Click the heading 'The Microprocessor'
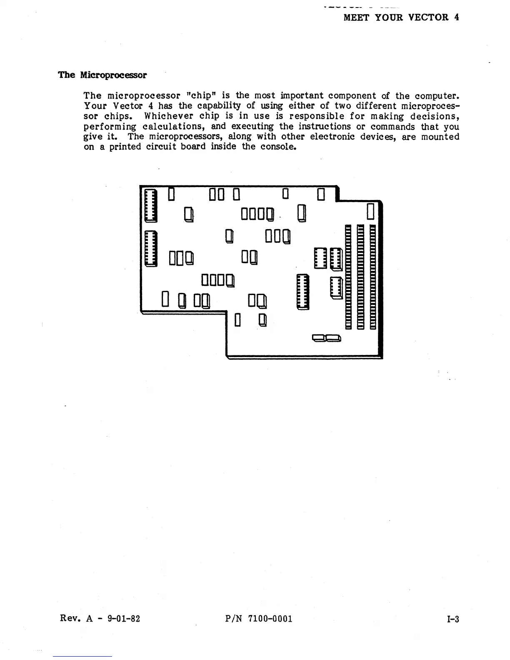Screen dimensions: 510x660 click(102, 75)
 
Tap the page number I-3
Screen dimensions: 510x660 click(452, 619)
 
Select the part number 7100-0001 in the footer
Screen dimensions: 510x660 click(270, 619)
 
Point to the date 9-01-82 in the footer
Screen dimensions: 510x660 click(124, 619)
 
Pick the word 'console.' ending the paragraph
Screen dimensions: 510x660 click(278, 147)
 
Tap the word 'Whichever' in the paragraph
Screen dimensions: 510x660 click(169, 116)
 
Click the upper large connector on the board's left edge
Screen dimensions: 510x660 click(150, 205)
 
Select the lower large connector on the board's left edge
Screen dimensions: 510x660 click(150, 248)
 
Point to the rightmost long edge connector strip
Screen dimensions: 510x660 click(373, 277)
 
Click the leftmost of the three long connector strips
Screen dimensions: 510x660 click(349, 277)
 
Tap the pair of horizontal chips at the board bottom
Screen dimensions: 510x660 click(327, 337)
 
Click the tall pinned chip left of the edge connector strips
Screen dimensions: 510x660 click(303, 292)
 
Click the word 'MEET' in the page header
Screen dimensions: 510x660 click(356, 17)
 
